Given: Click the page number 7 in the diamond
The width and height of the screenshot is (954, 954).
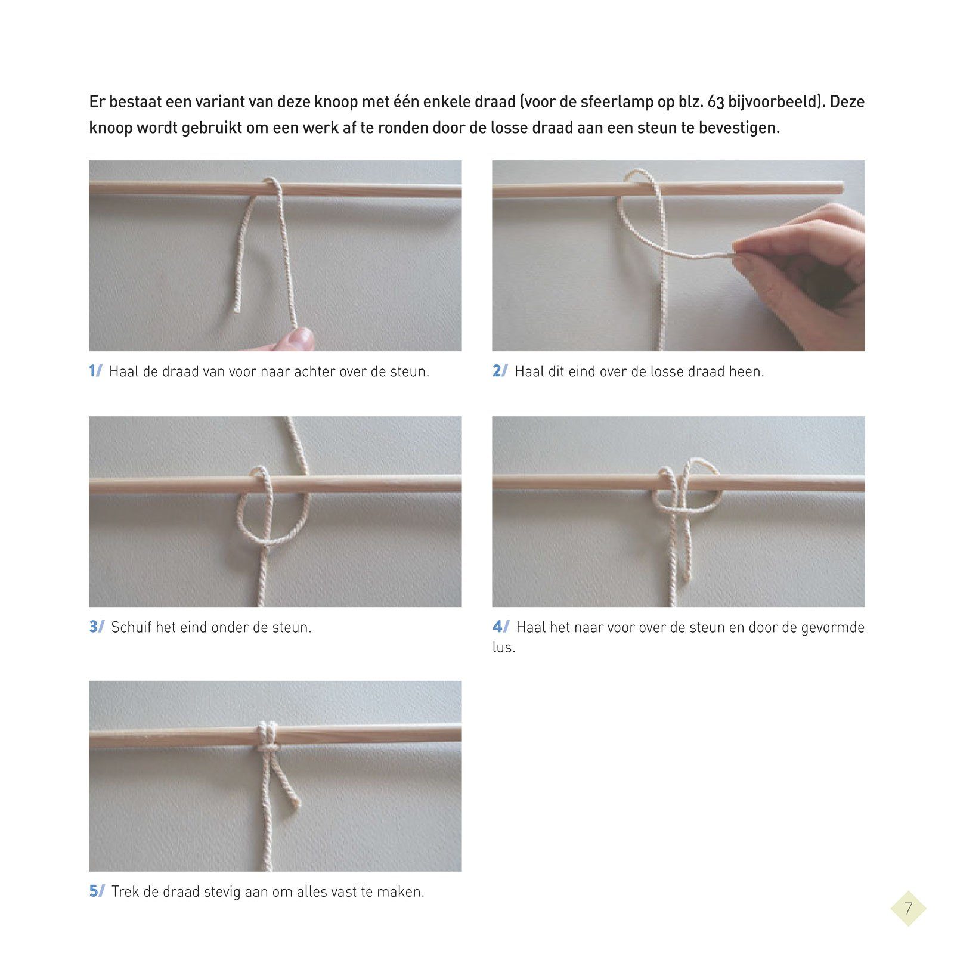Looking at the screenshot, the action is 908,909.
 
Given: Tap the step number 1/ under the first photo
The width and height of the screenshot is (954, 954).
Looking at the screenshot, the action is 95,371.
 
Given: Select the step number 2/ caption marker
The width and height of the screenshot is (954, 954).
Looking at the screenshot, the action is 500,371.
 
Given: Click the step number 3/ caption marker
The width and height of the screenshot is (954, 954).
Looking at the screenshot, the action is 97,627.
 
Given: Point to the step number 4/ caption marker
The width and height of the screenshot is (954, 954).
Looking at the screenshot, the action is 501,627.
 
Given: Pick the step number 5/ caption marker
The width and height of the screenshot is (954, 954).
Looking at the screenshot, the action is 97,891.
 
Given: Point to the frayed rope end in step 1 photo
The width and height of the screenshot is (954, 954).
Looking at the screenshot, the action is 237,308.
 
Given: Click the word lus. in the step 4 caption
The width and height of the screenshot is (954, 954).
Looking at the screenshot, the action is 503,647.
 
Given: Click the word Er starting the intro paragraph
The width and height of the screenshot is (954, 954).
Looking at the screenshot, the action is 97,102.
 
